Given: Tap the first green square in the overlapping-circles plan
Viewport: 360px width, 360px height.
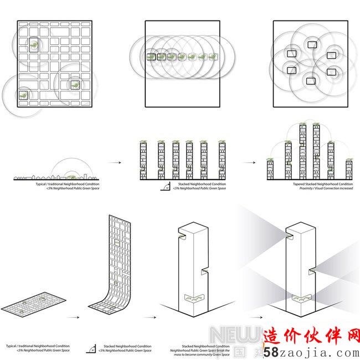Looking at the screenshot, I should (151, 56).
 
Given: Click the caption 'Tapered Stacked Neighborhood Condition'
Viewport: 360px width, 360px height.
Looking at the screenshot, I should (323, 184).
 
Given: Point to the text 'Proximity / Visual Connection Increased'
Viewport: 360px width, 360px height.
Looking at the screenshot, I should (323, 188).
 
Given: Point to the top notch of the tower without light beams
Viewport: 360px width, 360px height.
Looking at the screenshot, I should (181, 238).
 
